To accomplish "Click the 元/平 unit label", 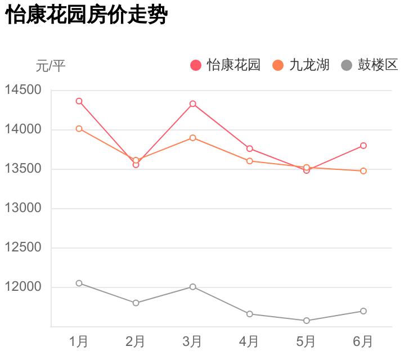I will pos(51,66).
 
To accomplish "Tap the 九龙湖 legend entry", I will pos(302,65).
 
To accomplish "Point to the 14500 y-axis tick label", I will pos(23,90).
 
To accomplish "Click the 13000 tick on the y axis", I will pos(23,208).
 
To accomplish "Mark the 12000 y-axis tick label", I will pos(23,287).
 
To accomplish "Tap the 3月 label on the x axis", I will pos(192,341).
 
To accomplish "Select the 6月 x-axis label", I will pos(363,341).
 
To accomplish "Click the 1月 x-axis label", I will pos(79,341).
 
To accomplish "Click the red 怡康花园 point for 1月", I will pos(79,101).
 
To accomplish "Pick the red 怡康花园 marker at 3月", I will pos(192,104).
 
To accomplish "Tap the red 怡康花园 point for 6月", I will pos(363,146).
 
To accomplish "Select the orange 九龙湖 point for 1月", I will pos(79,129).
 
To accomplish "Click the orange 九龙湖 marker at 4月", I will pos(249,161).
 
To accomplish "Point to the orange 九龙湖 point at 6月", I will pos(363,171).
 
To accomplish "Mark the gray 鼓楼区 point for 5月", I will pos(307,321).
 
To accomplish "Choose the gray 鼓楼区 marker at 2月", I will pos(136,303).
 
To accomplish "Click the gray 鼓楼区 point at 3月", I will pos(192,287).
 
